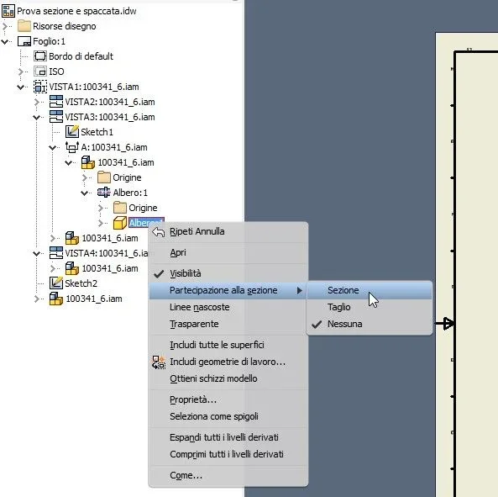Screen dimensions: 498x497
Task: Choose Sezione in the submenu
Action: point(343,290)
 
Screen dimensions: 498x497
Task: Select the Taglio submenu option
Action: point(339,307)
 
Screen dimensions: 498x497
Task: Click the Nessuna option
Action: point(344,324)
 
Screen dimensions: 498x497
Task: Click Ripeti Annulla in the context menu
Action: point(197,231)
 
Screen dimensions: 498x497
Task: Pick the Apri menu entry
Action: point(178,253)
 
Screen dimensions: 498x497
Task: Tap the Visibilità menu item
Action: point(185,273)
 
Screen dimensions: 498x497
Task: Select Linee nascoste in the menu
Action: point(200,307)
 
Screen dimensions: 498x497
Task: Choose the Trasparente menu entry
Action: point(194,324)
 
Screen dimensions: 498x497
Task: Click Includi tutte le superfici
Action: point(217,345)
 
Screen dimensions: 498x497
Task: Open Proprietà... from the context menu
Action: point(193,399)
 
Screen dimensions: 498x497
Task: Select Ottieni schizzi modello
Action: point(213,378)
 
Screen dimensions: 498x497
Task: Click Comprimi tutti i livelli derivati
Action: point(227,454)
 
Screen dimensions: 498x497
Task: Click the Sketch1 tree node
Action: point(97,132)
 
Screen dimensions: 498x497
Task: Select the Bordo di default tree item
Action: point(81,56)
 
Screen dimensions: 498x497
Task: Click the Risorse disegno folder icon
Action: point(24,26)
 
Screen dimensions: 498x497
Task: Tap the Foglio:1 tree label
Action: point(49,41)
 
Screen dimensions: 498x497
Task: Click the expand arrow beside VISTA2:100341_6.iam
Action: point(36,102)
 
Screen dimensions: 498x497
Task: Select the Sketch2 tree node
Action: point(81,283)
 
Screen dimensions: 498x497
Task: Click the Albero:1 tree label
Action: point(130,193)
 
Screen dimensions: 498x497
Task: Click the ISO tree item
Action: point(56,71)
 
